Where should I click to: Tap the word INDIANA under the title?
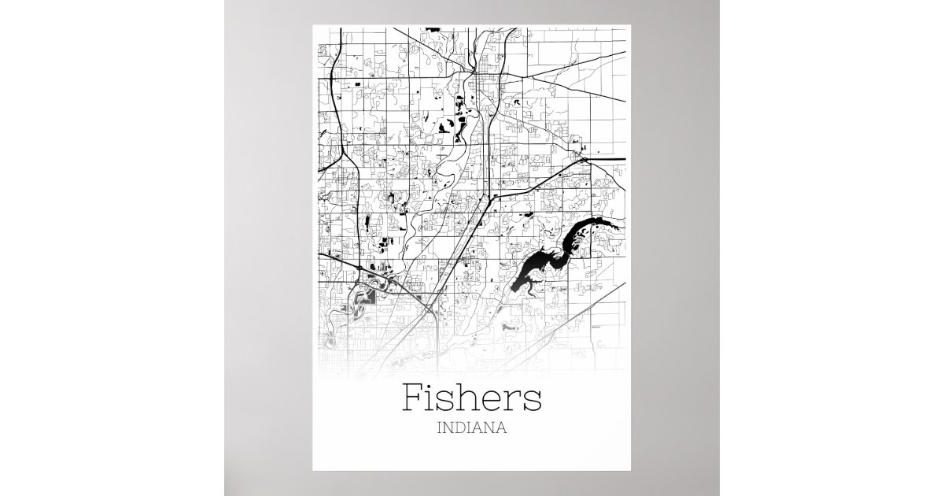471,430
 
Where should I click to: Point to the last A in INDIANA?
500,430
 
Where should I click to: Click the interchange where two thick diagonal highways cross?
430,309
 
